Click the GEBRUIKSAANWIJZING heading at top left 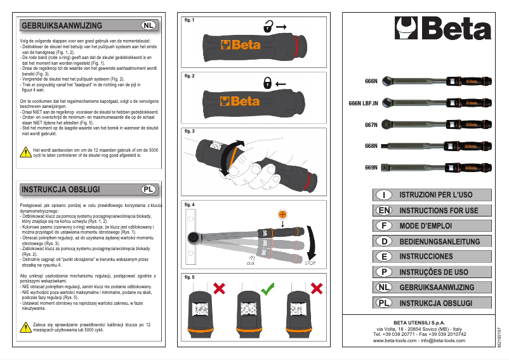pos(62,25)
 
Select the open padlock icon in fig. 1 pos(269,27)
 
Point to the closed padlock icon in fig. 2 pos(269,83)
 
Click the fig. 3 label pos(189,131)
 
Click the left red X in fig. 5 pos(220,289)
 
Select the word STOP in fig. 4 pos(310,262)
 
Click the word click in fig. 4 pos(251,263)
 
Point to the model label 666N pos(371,81)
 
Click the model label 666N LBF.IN pos(364,102)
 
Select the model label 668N pos(371,146)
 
